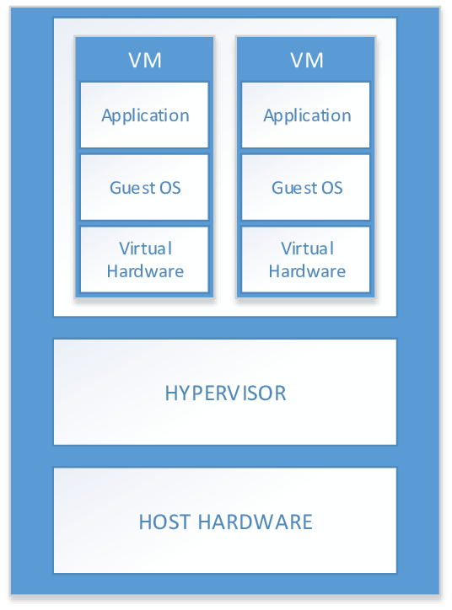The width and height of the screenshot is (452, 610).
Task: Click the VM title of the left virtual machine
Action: point(145,61)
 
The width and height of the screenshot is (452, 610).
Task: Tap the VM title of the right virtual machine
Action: point(307,61)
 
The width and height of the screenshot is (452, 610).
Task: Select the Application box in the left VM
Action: point(144,115)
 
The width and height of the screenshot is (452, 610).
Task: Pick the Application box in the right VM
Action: point(305,115)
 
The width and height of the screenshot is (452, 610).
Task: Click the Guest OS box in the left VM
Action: point(144,187)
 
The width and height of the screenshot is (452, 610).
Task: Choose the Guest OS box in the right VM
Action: point(305,187)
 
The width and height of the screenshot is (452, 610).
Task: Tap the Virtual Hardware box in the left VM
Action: point(144,260)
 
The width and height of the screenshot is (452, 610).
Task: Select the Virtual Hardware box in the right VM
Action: point(305,260)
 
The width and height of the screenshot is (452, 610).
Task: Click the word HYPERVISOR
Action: point(225,393)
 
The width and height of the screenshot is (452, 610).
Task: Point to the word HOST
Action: point(166,522)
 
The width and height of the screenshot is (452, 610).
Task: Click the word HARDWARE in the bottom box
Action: point(256,522)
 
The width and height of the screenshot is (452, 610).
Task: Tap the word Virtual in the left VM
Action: point(145,249)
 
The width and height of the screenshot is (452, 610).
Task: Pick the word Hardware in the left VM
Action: point(145,271)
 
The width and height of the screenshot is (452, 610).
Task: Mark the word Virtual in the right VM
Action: point(307,249)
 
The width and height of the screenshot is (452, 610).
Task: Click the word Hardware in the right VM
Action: point(307,271)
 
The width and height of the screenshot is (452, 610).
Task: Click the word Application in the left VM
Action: point(145,116)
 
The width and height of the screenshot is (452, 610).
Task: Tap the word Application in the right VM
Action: point(307,116)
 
